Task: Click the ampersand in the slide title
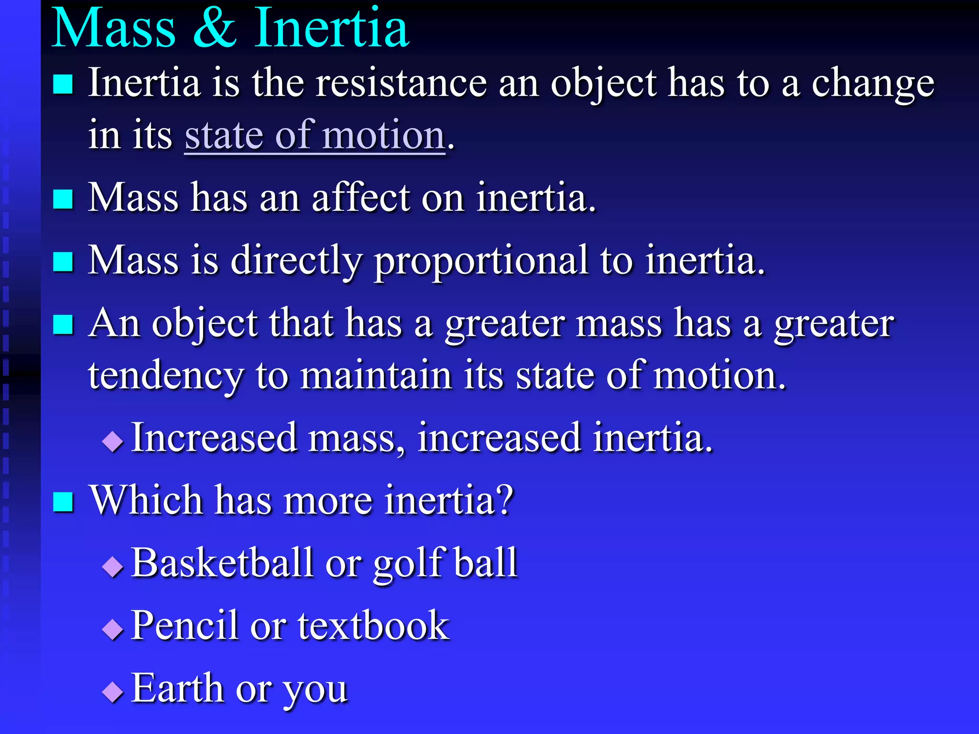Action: click(x=215, y=29)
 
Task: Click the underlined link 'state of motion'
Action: click(x=315, y=136)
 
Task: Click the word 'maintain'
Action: click(x=376, y=375)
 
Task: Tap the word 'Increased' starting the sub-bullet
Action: click(x=214, y=438)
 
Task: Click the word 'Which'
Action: click(x=146, y=500)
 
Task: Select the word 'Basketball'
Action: click(x=222, y=563)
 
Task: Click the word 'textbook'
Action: click(x=373, y=626)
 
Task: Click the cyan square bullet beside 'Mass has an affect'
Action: click(x=63, y=199)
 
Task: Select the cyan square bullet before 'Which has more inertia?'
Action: click(x=63, y=502)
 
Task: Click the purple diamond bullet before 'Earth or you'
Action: click(x=113, y=691)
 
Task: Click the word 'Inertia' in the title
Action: click(x=331, y=29)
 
